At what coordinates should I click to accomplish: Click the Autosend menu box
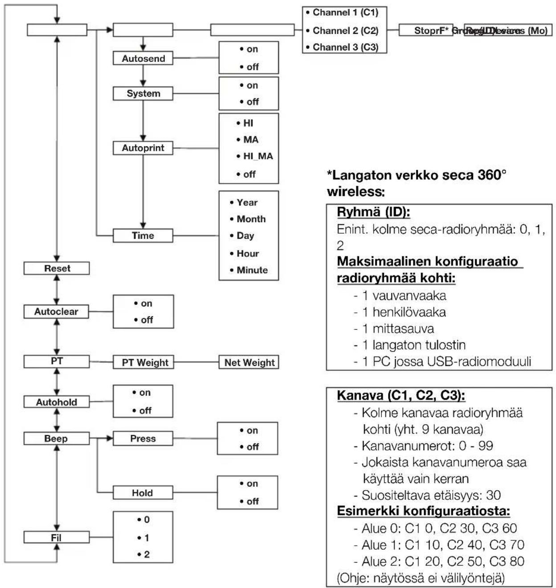click(x=143, y=58)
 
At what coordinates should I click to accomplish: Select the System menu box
click(x=143, y=93)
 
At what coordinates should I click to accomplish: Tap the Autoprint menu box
click(x=143, y=148)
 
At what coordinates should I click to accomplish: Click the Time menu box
click(x=143, y=235)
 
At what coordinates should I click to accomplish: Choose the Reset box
click(x=57, y=268)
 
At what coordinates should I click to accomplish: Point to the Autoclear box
click(x=56, y=312)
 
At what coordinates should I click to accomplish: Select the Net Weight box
click(x=249, y=362)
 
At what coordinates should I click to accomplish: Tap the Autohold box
click(x=57, y=402)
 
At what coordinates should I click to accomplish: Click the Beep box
click(x=56, y=438)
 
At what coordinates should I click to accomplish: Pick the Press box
click(x=143, y=438)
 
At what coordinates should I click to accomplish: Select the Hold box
click(x=143, y=493)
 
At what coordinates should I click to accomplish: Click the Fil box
click(x=56, y=537)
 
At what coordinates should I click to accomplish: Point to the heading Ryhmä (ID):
click(x=373, y=212)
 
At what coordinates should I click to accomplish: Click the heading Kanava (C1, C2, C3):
click(x=401, y=395)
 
